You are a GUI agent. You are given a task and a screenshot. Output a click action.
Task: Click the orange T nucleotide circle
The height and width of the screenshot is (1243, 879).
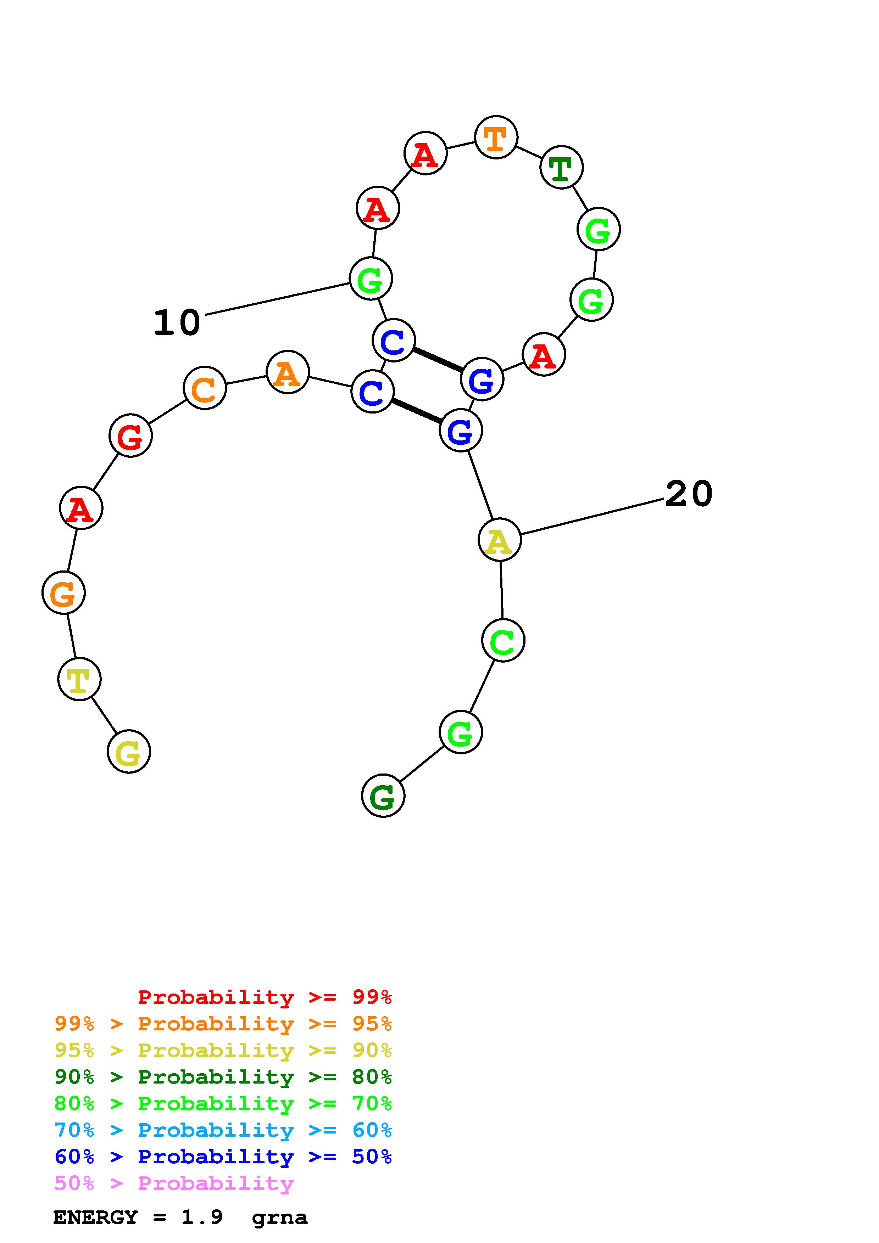click(x=496, y=137)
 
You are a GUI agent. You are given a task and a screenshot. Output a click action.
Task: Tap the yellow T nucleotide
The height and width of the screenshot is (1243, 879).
click(x=79, y=679)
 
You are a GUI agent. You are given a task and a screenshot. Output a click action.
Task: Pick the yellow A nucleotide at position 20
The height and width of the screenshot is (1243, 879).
click(x=499, y=539)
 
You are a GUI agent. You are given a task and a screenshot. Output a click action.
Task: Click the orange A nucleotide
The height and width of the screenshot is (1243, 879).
click(x=288, y=372)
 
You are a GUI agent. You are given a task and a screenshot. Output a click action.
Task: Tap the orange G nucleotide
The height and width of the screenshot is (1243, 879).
click(x=63, y=594)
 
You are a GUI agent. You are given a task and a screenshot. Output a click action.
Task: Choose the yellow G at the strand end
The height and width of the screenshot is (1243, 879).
click(x=129, y=752)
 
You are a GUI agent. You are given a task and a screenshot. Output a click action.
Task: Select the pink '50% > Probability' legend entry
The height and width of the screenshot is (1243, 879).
click(x=174, y=1183)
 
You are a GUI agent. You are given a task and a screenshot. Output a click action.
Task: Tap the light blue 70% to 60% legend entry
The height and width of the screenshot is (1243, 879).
click(x=223, y=1130)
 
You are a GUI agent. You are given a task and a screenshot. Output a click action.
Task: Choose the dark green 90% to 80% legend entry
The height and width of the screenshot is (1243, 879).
click(x=223, y=1077)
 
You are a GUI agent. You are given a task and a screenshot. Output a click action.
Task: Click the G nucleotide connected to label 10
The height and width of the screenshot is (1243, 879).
click(x=371, y=279)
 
